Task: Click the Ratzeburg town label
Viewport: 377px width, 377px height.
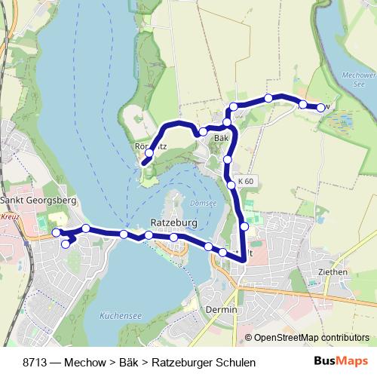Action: tap(173, 224)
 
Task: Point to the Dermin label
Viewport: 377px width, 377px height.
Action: tap(221, 310)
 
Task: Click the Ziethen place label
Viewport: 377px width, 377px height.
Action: tap(332, 271)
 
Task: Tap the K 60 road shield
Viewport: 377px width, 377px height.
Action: tap(246, 182)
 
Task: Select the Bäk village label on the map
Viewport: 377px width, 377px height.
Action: tap(221, 139)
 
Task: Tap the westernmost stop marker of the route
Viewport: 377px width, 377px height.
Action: tap(56, 234)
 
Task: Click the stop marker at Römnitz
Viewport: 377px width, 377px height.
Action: tap(149, 153)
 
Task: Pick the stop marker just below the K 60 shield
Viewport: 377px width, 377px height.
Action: tap(231, 184)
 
